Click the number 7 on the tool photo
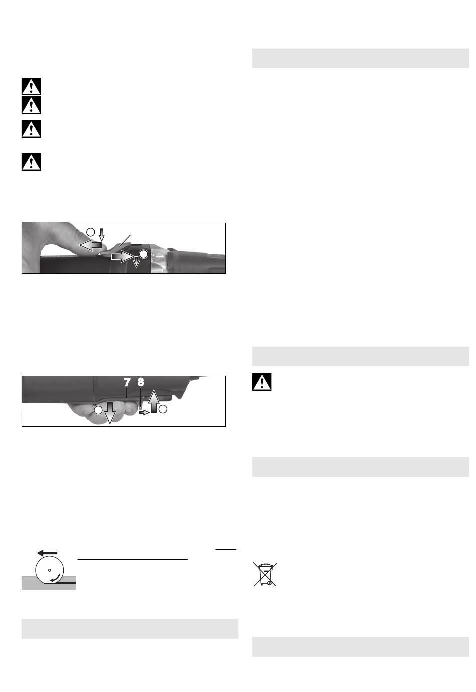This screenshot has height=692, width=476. pos(127,382)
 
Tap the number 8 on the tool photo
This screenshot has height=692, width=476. pos(141,382)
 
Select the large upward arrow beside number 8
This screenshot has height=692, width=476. pos(154,401)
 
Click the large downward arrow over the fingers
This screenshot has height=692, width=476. pos(110,413)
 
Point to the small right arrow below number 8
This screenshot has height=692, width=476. pos(144,412)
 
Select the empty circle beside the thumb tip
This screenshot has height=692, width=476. pos(90,232)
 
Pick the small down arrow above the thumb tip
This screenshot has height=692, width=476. pos(102,235)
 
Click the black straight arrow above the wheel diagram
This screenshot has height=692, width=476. pos(47,553)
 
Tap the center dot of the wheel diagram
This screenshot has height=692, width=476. pos(50,570)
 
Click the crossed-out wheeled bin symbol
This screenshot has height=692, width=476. pos(265,574)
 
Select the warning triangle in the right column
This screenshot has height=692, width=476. pos(262,382)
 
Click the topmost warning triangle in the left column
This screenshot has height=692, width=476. pos(31,86)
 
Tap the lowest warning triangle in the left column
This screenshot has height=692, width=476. pos(31,162)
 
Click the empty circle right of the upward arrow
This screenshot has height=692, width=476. pos(163,409)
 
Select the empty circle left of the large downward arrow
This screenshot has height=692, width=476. pos(98,410)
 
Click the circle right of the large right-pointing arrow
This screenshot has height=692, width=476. pos(144,254)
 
